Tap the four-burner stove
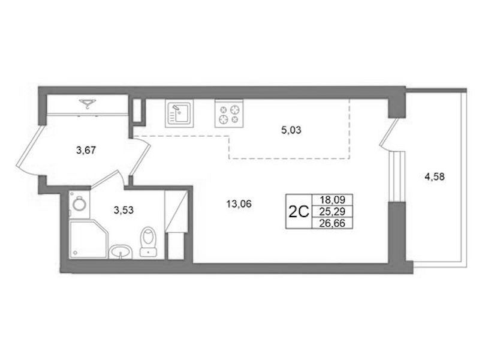click(x=229, y=113)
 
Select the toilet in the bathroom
click(x=148, y=241)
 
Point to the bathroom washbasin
click(x=120, y=252)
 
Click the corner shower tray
click(x=89, y=239)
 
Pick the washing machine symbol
click(x=79, y=204)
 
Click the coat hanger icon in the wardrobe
click(x=88, y=104)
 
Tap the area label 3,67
click(x=86, y=150)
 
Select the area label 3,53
click(x=123, y=210)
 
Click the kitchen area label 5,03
click(x=291, y=130)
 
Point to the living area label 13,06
click(x=239, y=204)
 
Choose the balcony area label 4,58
click(x=435, y=177)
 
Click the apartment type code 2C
click(x=299, y=211)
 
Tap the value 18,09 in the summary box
click(x=332, y=200)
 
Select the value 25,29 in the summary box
click(x=332, y=211)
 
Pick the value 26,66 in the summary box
click(x=332, y=223)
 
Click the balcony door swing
click(x=388, y=133)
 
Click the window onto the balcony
click(x=397, y=176)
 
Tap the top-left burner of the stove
click(x=223, y=109)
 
